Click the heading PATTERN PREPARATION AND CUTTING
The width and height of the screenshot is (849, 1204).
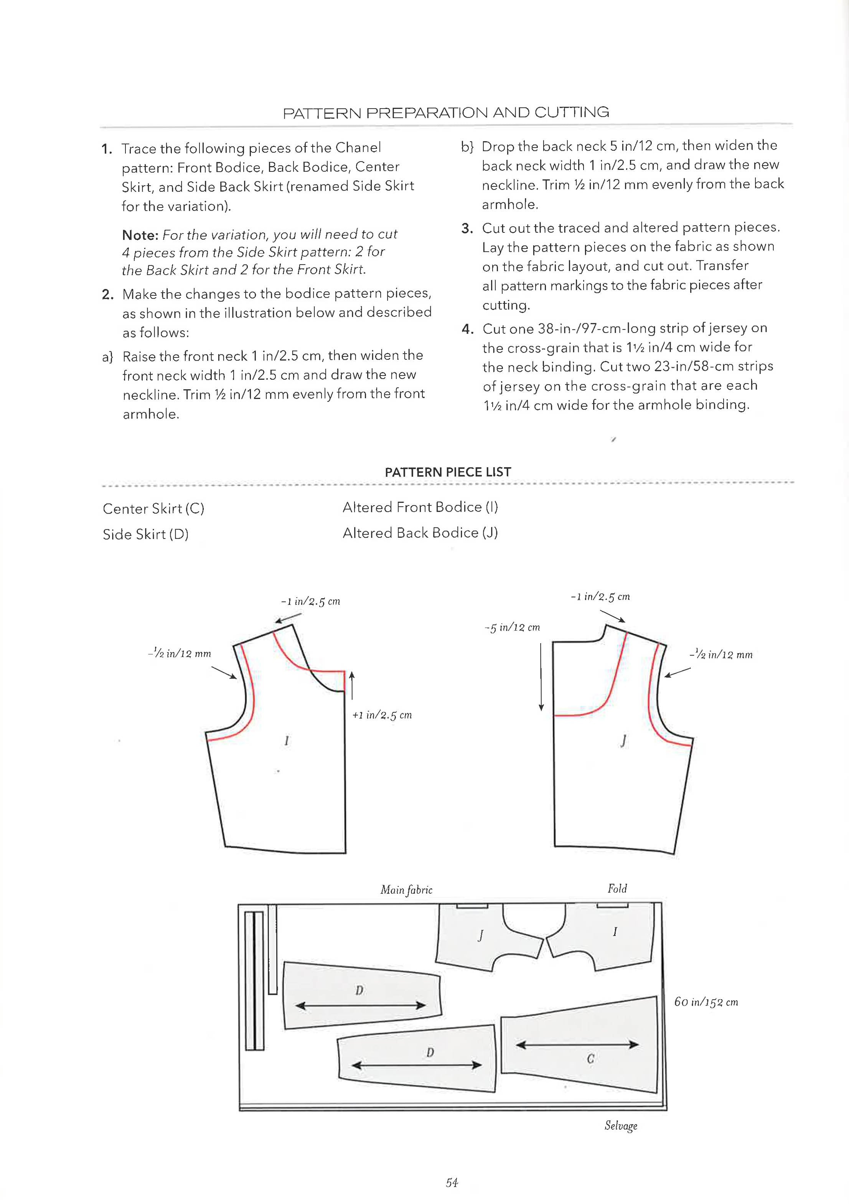446,112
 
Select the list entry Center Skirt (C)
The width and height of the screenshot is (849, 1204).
153,509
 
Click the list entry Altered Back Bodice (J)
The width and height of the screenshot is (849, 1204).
420,533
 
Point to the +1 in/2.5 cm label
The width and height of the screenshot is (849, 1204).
382,715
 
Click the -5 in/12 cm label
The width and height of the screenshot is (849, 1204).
512,628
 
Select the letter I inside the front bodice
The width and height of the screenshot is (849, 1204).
286,741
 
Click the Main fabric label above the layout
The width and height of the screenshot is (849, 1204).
406,890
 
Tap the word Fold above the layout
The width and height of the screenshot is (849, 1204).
617,888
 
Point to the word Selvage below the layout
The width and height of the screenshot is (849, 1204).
621,1126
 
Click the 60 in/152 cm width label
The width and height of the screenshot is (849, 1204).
706,1002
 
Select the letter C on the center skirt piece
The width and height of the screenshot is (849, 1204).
590,1058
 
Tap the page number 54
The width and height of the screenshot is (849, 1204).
452,1183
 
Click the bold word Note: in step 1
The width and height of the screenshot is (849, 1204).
140,234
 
